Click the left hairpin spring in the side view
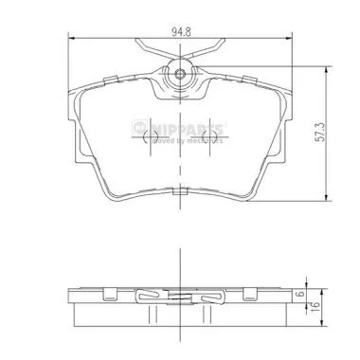coord(152,298)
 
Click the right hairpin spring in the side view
coord(208,298)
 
